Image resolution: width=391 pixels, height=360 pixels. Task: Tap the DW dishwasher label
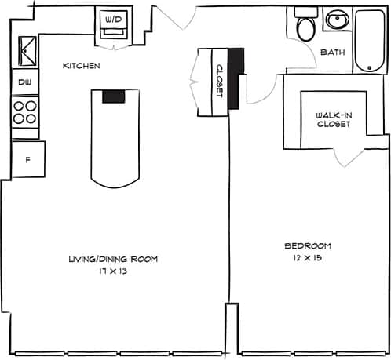[24, 81]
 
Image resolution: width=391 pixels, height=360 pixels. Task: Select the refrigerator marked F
[27, 160]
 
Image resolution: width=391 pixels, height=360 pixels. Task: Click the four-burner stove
[25, 111]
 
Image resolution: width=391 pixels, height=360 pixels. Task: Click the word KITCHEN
[81, 67]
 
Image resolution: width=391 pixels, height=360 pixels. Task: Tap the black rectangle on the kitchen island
[114, 96]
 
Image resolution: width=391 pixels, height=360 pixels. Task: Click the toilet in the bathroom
[305, 28]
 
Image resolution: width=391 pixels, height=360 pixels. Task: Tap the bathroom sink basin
[338, 20]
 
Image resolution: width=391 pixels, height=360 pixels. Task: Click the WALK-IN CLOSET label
[333, 119]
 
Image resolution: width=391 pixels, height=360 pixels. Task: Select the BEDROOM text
[307, 245]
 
